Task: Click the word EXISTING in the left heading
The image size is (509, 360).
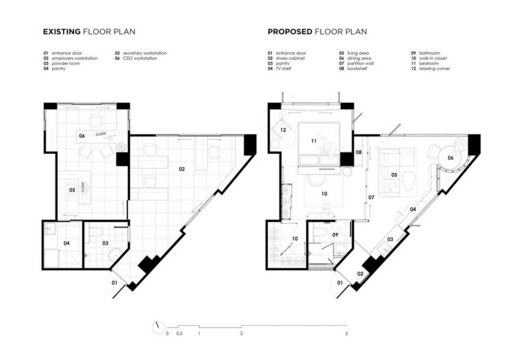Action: click(62, 31)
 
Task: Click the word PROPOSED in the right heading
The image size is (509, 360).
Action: click(290, 31)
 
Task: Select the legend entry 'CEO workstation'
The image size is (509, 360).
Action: click(140, 58)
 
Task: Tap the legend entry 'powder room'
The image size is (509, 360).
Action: click(66, 63)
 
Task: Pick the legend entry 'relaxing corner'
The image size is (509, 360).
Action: click(434, 69)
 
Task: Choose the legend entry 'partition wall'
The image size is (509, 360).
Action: click(360, 63)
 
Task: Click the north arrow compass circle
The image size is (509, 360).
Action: click(159, 327)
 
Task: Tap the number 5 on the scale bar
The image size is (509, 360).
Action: click(346, 333)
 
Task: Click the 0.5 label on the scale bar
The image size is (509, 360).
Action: click(179, 333)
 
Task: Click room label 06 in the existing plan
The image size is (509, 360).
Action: click(82, 136)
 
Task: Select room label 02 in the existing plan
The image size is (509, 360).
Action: click(182, 169)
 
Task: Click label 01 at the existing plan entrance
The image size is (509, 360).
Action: click(114, 283)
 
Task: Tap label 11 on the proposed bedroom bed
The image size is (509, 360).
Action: click(314, 141)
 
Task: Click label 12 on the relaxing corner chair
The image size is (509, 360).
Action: click(283, 130)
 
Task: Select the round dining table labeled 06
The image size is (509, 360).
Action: click(450, 158)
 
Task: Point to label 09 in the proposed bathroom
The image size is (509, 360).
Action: click(336, 234)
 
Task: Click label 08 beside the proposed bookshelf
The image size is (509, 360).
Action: click(359, 152)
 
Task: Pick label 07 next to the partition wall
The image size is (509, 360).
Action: click(371, 197)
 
